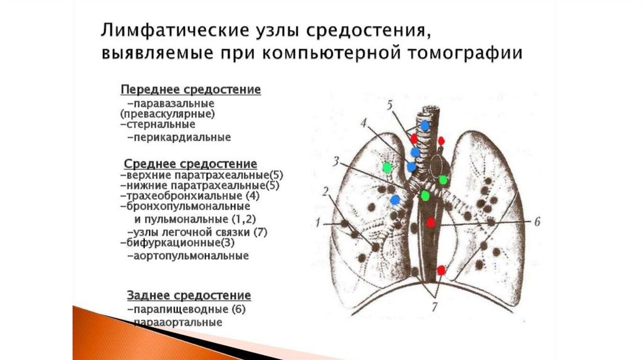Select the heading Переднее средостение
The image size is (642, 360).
(191, 90)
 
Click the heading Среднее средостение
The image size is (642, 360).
(191, 164)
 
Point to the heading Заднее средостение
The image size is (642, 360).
(189, 295)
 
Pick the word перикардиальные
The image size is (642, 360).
(181, 137)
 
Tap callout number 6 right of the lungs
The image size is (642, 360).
(537, 221)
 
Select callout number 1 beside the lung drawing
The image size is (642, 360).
(318, 222)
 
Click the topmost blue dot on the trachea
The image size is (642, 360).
(425, 125)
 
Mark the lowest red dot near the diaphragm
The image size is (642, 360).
(441, 270)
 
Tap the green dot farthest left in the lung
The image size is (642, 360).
(387, 167)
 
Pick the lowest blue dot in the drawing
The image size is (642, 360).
(395, 199)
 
